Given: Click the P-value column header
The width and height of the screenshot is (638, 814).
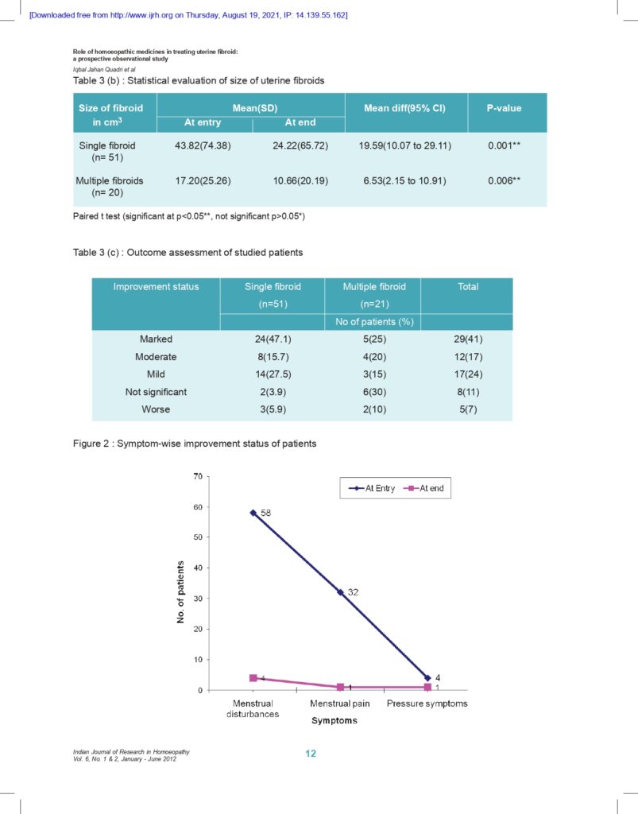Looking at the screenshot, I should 505,107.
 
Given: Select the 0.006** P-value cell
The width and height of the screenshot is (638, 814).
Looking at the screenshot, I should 505,180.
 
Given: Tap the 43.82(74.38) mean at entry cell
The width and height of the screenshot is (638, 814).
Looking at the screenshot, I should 203,146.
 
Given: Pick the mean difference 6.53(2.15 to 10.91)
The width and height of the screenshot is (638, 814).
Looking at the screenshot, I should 406,180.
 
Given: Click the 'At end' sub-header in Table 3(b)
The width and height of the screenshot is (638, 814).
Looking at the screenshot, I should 300,122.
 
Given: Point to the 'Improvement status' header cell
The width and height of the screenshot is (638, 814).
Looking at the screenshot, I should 156,286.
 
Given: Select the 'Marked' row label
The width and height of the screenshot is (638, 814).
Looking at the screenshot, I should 156,339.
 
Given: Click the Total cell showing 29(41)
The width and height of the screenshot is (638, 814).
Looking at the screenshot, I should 467,339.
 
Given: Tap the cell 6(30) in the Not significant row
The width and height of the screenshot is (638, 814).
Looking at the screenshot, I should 372,392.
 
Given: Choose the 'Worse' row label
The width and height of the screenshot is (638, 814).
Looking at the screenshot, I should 156,409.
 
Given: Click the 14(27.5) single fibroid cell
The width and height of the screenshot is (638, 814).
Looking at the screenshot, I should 272,374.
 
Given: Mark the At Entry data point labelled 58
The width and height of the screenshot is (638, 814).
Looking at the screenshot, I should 253,513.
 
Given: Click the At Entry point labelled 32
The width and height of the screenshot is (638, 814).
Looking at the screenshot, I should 340,592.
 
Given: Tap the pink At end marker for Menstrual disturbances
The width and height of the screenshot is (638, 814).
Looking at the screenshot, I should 253,678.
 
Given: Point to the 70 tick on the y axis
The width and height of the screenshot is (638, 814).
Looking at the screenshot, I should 197,476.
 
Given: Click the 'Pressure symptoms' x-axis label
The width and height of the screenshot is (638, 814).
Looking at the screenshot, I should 427,704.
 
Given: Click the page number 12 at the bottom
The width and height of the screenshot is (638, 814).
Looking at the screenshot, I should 311,754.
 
